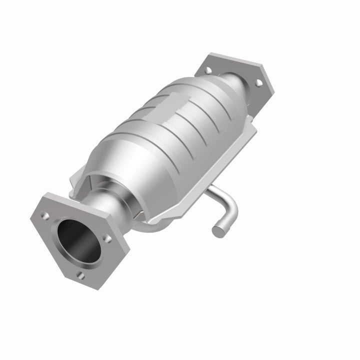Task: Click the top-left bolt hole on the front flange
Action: click(x=45, y=215)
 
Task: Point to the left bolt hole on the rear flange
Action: click(x=208, y=70)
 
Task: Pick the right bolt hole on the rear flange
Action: click(x=258, y=83)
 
